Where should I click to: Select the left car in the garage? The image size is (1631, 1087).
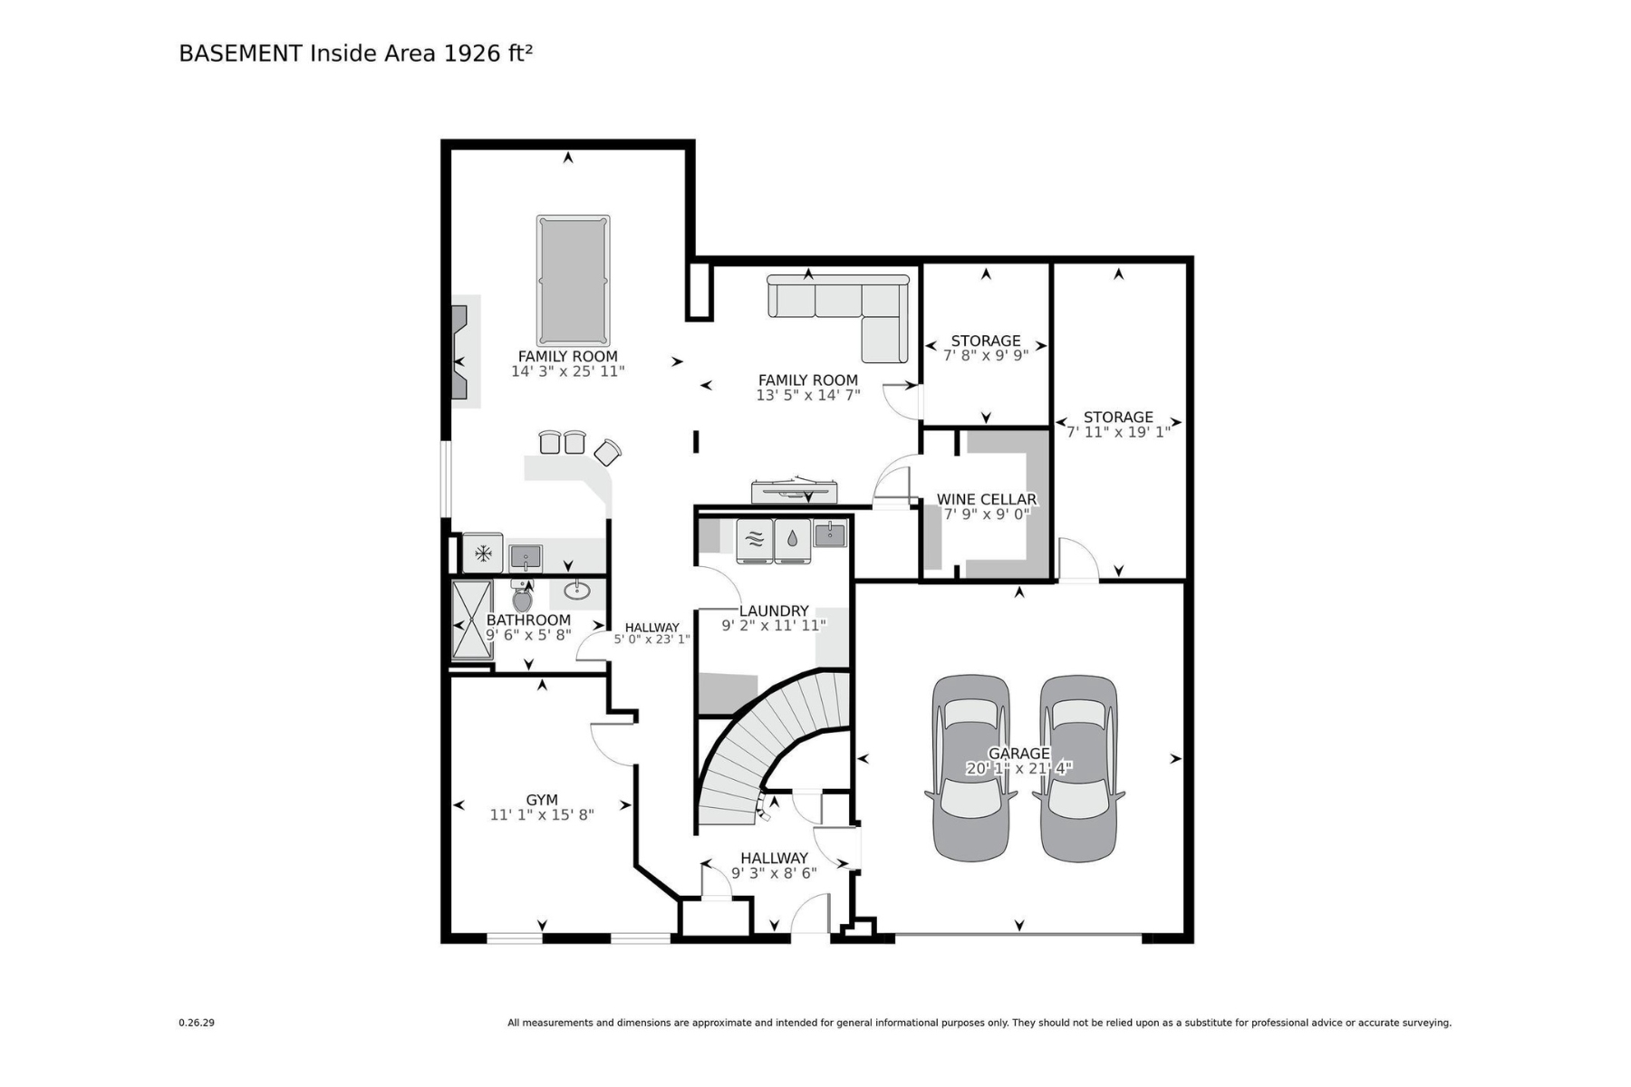pos(970,767)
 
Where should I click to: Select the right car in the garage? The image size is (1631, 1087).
pos(1078,767)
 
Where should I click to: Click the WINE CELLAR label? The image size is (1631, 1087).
pos(986,499)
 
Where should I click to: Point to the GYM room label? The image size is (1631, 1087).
pos(542,800)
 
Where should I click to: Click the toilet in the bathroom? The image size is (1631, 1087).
pos(523,596)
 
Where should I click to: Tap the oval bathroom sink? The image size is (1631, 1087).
pos(576,592)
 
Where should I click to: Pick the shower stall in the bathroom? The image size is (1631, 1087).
pos(472,620)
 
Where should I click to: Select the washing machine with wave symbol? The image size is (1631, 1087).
pos(755,541)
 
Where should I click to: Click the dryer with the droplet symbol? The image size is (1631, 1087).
pos(793,541)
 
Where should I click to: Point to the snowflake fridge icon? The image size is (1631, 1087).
pos(483,553)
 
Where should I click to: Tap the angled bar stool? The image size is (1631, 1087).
pos(607,451)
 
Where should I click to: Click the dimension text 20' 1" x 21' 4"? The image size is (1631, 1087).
pos(1019,768)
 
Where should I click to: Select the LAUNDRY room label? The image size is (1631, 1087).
pos(774,611)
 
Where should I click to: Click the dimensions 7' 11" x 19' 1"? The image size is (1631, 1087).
pos(1118,432)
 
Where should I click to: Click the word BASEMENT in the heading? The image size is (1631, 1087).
pos(240,53)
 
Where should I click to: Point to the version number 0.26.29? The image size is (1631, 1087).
pos(197,1023)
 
